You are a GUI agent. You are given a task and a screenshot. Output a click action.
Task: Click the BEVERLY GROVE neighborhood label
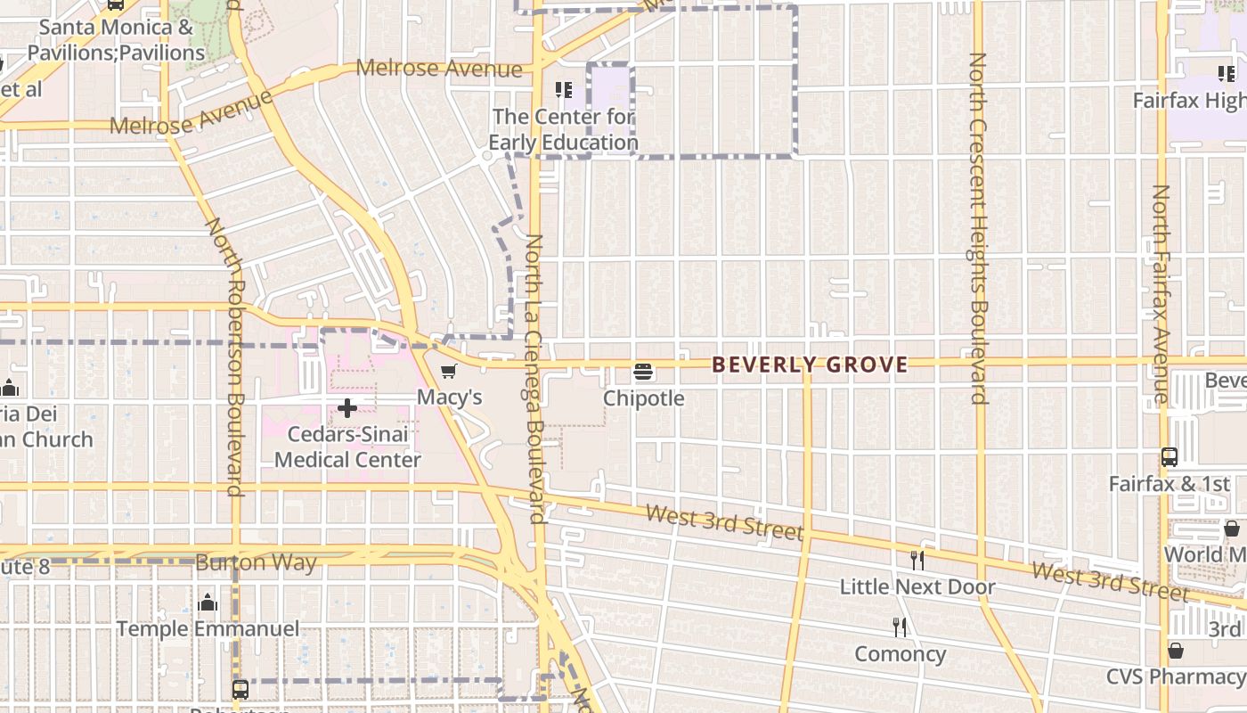click(x=810, y=365)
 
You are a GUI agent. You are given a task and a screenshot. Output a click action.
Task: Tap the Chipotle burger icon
click(x=643, y=372)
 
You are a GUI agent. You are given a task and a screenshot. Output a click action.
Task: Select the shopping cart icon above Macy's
click(x=449, y=372)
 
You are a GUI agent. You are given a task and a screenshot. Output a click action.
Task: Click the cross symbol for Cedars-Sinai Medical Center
click(x=347, y=409)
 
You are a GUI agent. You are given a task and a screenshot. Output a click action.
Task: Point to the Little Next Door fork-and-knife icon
click(x=917, y=560)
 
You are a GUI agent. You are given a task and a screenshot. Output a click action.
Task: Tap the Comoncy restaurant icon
click(x=900, y=627)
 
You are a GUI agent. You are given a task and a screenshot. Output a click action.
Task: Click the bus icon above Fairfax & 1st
click(x=1170, y=457)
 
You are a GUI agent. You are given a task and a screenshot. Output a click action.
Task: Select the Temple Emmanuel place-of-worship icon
click(x=208, y=602)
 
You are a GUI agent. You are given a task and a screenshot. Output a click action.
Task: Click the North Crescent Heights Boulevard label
click(x=979, y=228)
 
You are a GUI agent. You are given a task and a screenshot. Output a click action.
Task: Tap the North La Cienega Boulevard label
click(x=535, y=379)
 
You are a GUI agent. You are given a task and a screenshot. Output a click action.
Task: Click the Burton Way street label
click(x=256, y=563)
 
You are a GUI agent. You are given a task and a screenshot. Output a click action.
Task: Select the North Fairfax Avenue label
click(x=1161, y=294)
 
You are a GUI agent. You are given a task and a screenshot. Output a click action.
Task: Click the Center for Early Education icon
click(x=563, y=90)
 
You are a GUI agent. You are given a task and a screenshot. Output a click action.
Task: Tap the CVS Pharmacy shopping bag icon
click(x=1175, y=651)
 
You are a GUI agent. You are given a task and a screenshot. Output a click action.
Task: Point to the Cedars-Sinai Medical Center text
click(x=347, y=447)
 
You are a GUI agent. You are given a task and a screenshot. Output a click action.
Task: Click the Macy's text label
click(x=450, y=397)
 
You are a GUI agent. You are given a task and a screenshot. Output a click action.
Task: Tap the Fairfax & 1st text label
click(x=1169, y=484)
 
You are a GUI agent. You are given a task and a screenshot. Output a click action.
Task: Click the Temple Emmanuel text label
click(x=208, y=629)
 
